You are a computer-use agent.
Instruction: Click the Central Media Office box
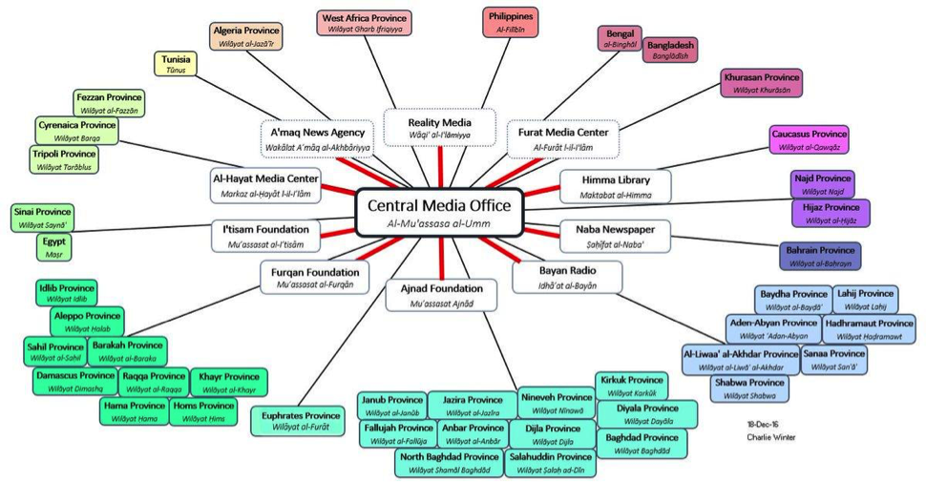click(439, 213)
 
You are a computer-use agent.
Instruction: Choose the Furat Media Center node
click(563, 138)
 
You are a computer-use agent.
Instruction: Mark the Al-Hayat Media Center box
click(263, 184)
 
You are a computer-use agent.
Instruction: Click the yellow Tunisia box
click(177, 64)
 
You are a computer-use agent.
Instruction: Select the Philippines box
click(512, 23)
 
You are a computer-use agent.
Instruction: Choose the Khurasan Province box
click(761, 83)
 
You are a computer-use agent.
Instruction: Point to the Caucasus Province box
click(809, 140)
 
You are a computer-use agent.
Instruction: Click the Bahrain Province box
click(820, 256)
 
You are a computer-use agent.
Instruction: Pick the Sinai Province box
click(42, 218)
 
